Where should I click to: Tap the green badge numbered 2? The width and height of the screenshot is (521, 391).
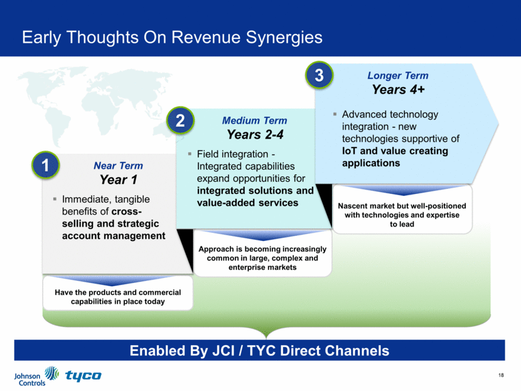coord(180,121)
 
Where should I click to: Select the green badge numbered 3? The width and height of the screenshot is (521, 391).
coord(319,77)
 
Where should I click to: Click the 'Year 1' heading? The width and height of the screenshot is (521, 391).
coord(118,180)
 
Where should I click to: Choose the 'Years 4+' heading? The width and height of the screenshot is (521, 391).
coord(398,90)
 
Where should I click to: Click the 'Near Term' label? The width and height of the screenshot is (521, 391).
coord(118,166)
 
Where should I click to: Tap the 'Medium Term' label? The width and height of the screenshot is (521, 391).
coord(255,121)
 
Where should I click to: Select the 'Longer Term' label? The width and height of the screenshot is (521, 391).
coord(398,76)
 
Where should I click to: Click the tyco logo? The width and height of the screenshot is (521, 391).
coord(83,376)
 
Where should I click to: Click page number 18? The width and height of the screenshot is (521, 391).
coord(500,374)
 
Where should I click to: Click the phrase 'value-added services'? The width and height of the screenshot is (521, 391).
coord(248,203)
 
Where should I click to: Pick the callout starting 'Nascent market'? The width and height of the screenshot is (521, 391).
coord(402,215)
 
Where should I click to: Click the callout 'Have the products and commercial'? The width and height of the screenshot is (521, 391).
coord(117,297)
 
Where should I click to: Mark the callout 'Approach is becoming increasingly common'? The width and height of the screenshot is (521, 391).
coord(262,258)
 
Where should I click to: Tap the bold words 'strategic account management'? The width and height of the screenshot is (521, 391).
coord(113,230)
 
